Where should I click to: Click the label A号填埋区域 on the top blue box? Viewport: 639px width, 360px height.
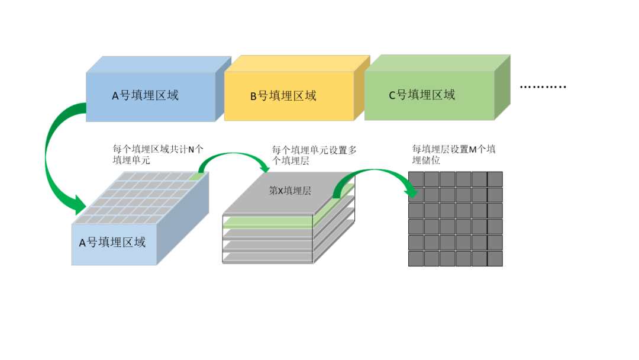145,95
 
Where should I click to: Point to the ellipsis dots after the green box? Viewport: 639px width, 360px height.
543,87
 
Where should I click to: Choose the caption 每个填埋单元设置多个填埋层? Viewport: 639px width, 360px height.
314,155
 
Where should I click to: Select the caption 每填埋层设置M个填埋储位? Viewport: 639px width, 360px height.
454,155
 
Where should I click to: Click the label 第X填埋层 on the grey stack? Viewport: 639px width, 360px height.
290,191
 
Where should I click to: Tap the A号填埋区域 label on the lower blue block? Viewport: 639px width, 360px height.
112,242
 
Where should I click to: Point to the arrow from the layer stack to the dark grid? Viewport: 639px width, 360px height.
373,178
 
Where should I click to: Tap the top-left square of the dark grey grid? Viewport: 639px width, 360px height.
416,179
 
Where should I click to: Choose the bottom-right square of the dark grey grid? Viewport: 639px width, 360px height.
495,259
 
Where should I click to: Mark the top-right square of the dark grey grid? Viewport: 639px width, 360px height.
495,179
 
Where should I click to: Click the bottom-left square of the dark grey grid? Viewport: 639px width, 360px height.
416,259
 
